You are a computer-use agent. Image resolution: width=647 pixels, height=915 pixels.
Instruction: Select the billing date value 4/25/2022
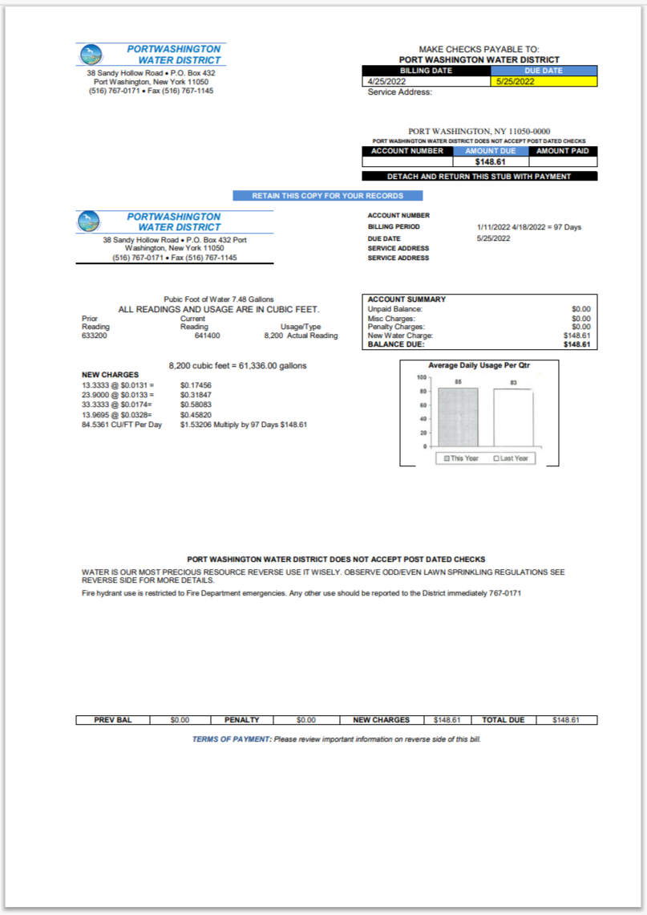(386, 81)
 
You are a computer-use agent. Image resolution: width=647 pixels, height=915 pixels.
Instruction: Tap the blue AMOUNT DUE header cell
(491, 151)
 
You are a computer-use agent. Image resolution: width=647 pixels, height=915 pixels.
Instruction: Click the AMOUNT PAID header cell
(563, 151)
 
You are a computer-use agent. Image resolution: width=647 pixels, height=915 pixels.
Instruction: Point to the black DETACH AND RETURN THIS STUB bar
(479, 177)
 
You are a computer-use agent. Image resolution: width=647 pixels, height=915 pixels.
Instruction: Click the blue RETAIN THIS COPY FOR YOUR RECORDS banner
(327, 196)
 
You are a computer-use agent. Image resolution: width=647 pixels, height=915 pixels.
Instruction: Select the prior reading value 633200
(95, 336)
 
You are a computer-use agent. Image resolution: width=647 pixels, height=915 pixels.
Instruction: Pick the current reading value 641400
(207, 336)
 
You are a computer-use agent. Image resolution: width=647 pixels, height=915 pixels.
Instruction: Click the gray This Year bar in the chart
(458, 417)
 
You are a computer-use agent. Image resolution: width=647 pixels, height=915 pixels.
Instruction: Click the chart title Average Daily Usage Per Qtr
(479, 365)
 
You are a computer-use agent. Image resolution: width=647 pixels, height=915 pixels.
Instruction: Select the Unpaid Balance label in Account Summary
(394, 309)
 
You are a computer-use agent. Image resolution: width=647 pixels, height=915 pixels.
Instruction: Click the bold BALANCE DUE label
(395, 344)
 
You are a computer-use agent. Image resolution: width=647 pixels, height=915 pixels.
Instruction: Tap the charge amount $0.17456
(196, 385)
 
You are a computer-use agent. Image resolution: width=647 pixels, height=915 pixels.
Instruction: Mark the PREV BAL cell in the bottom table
(112, 720)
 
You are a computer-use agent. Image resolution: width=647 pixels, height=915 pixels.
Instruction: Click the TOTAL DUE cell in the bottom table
(503, 720)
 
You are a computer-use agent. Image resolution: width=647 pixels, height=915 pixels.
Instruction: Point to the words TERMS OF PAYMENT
(232, 738)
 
